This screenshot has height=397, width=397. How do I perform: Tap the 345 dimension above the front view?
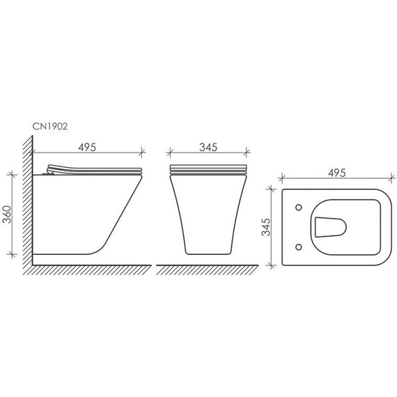(x=208, y=147)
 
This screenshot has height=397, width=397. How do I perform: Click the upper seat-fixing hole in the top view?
(x=299, y=208)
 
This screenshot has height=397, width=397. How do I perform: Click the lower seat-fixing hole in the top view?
(x=299, y=246)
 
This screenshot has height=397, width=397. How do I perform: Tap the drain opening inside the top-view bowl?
(x=330, y=226)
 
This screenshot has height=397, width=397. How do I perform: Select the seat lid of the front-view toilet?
(x=208, y=171)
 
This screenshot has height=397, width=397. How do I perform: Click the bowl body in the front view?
(x=208, y=212)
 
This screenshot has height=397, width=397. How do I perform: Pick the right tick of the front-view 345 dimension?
(x=247, y=153)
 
